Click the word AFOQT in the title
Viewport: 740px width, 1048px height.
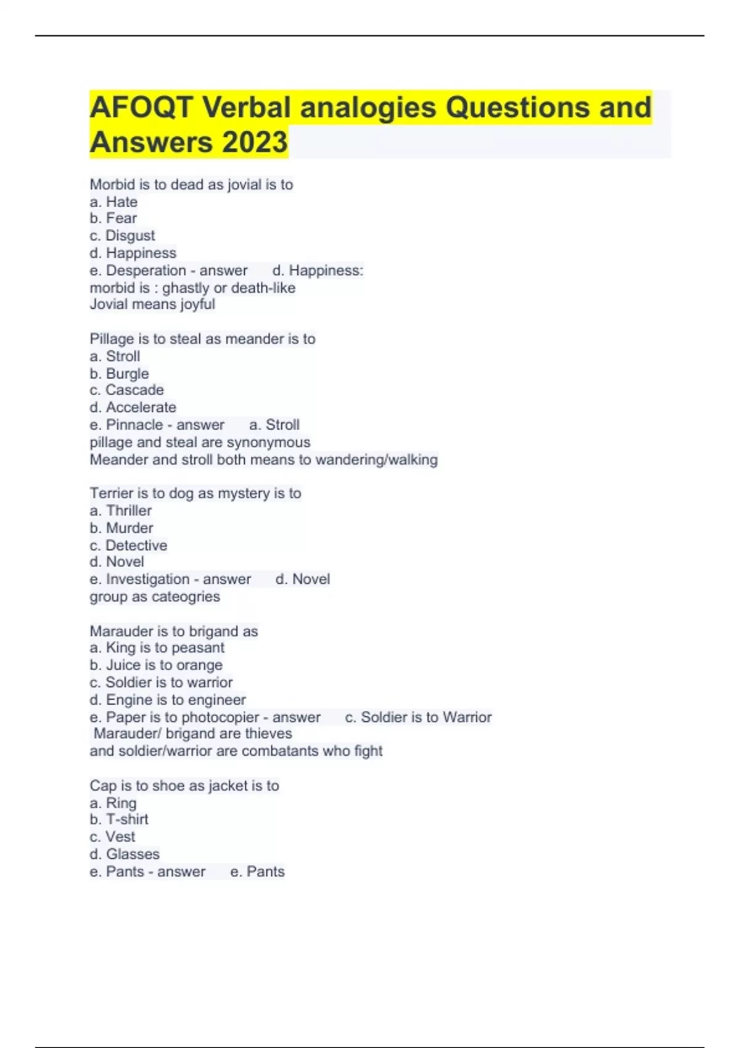(x=141, y=108)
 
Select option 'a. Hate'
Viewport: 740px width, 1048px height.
(x=113, y=202)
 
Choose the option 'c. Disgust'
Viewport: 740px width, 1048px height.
(x=122, y=235)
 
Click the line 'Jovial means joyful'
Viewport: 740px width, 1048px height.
(x=152, y=304)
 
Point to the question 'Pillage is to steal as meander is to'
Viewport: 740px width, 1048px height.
(x=202, y=338)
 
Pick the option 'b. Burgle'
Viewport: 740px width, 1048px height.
(x=119, y=374)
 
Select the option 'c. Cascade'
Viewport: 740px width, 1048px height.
(x=126, y=390)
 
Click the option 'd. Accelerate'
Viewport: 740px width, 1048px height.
(x=133, y=407)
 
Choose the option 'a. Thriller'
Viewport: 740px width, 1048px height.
(x=120, y=510)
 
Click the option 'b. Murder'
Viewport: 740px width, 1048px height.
(x=121, y=528)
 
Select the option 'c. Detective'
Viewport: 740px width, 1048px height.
(x=128, y=545)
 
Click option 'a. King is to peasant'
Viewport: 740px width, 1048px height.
(x=157, y=647)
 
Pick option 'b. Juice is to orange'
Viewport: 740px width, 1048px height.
(x=156, y=665)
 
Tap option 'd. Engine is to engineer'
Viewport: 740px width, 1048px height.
(x=168, y=700)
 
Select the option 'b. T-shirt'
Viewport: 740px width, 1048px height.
(x=119, y=819)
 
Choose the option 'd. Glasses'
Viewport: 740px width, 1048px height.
(x=125, y=854)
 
